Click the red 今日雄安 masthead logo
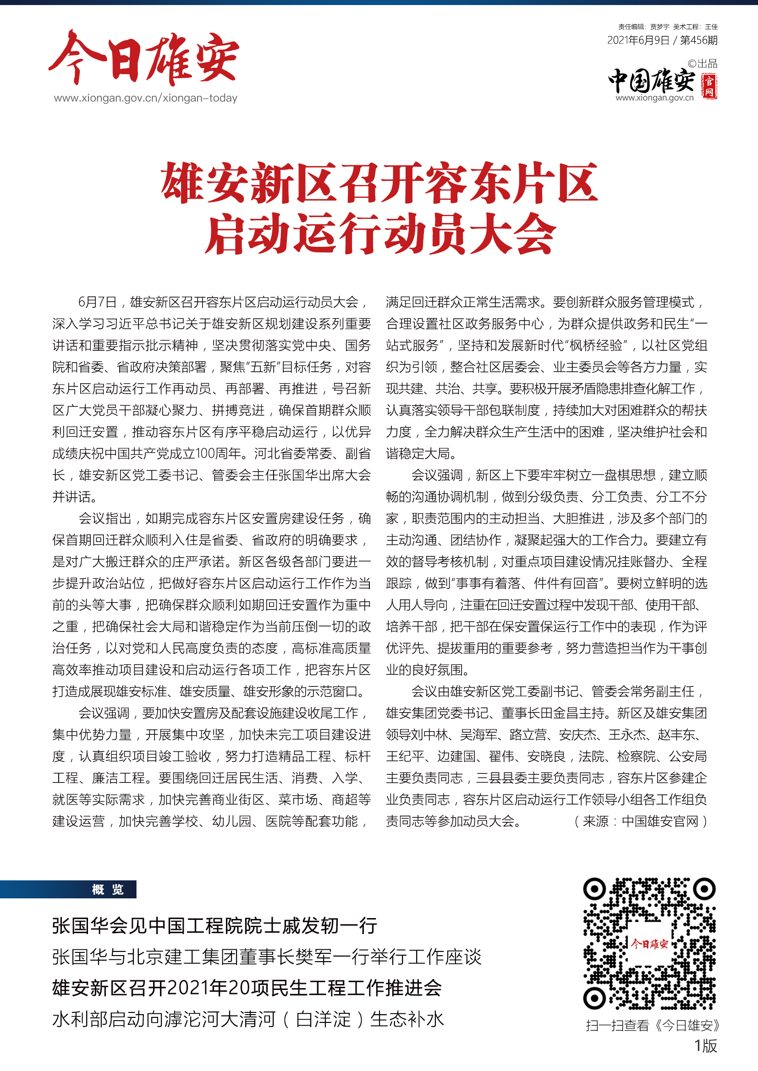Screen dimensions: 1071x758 click(x=144, y=58)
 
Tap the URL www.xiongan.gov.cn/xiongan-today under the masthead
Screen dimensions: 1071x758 click(x=146, y=98)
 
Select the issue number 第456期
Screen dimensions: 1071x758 click(x=698, y=40)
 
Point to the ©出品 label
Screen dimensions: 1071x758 click(x=703, y=64)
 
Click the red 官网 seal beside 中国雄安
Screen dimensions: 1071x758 click(x=709, y=86)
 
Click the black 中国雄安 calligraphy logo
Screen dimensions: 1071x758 click(x=652, y=81)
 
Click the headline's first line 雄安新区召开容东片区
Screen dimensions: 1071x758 click(x=379, y=183)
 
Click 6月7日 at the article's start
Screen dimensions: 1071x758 click(x=97, y=302)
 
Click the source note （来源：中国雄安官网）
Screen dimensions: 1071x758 click(x=641, y=821)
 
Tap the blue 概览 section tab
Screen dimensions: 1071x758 click(x=108, y=890)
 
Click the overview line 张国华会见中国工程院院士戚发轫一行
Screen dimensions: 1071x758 click(x=214, y=925)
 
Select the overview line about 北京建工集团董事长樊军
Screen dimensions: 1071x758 click(x=267, y=957)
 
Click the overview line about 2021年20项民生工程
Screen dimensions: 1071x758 click(x=247, y=988)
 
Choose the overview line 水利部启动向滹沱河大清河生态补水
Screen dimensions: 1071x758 click(x=248, y=1019)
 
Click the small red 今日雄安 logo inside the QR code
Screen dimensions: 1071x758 click(x=649, y=944)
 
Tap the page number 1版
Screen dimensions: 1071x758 click(x=705, y=1046)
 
